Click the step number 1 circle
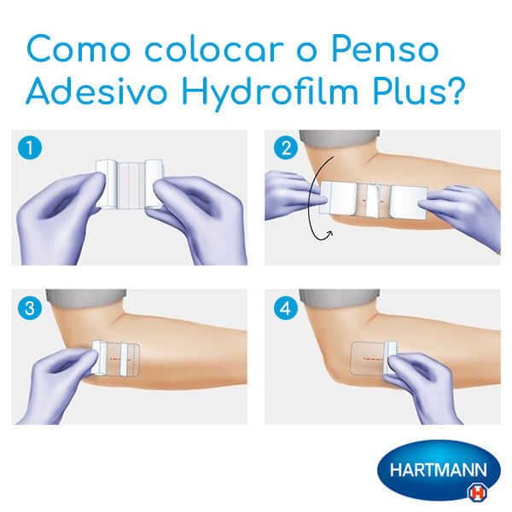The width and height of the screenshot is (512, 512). coord(30,148)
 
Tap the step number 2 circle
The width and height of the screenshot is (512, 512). coord(286,148)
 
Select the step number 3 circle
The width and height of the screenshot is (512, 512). coord(30,308)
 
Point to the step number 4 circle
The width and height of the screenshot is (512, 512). coord(286,308)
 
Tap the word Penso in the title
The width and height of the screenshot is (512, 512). coord(385,49)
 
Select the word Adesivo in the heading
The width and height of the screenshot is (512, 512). coord(96,90)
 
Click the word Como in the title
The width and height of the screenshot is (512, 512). coord(79,49)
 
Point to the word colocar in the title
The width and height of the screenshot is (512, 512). coord(214,49)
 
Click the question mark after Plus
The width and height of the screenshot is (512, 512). coord(456,90)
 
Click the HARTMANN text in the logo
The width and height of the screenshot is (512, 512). coord(439,470)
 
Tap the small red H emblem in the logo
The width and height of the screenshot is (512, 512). coord(477,492)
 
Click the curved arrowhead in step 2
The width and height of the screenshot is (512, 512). coord(329,234)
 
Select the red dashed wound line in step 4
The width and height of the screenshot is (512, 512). coord(373,358)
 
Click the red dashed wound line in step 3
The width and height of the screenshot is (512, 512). coord(119,359)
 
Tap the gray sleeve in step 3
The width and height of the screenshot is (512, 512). coord(86,298)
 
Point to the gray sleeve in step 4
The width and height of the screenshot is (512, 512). coord(340,298)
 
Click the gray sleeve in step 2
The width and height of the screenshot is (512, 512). coord(340,138)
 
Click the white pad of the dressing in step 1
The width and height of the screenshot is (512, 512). coord(130,185)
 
